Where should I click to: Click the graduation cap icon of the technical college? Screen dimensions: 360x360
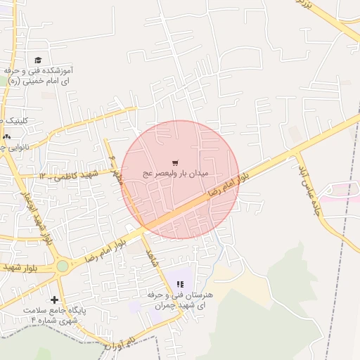tap(37, 60)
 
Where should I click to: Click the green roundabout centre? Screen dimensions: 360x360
tap(63, 266)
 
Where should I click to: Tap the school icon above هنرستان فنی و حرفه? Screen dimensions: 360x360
tap(180, 283)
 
